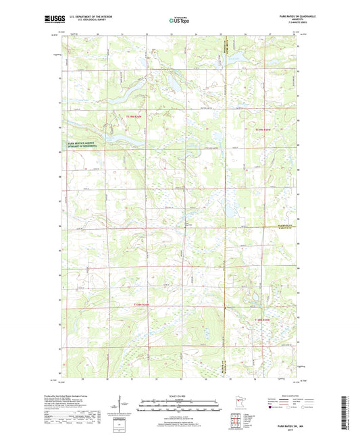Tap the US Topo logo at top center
pos(179,21)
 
